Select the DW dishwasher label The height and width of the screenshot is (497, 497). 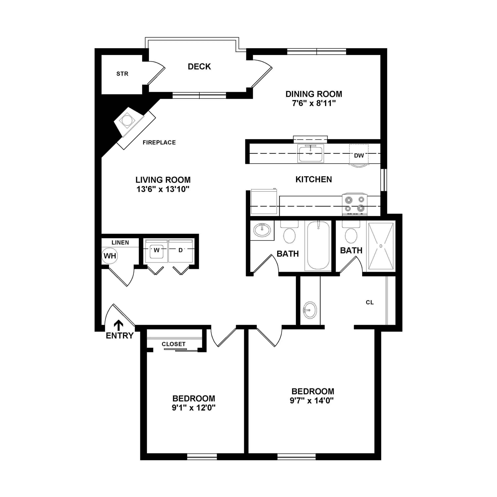(x=359, y=155)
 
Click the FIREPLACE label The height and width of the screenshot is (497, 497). (x=159, y=142)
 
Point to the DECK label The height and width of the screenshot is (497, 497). (x=199, y=67)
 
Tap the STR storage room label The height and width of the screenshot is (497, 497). (x=122, y=74)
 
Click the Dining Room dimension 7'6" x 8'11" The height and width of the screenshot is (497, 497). (x=314, y=103)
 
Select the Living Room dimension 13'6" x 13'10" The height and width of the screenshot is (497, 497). (x=163, y=189)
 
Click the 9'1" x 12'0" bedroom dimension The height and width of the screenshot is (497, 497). (x=193, y=408)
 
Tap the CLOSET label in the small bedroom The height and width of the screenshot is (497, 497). (x=174, y=344)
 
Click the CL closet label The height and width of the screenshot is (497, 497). (x=370, y=303)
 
